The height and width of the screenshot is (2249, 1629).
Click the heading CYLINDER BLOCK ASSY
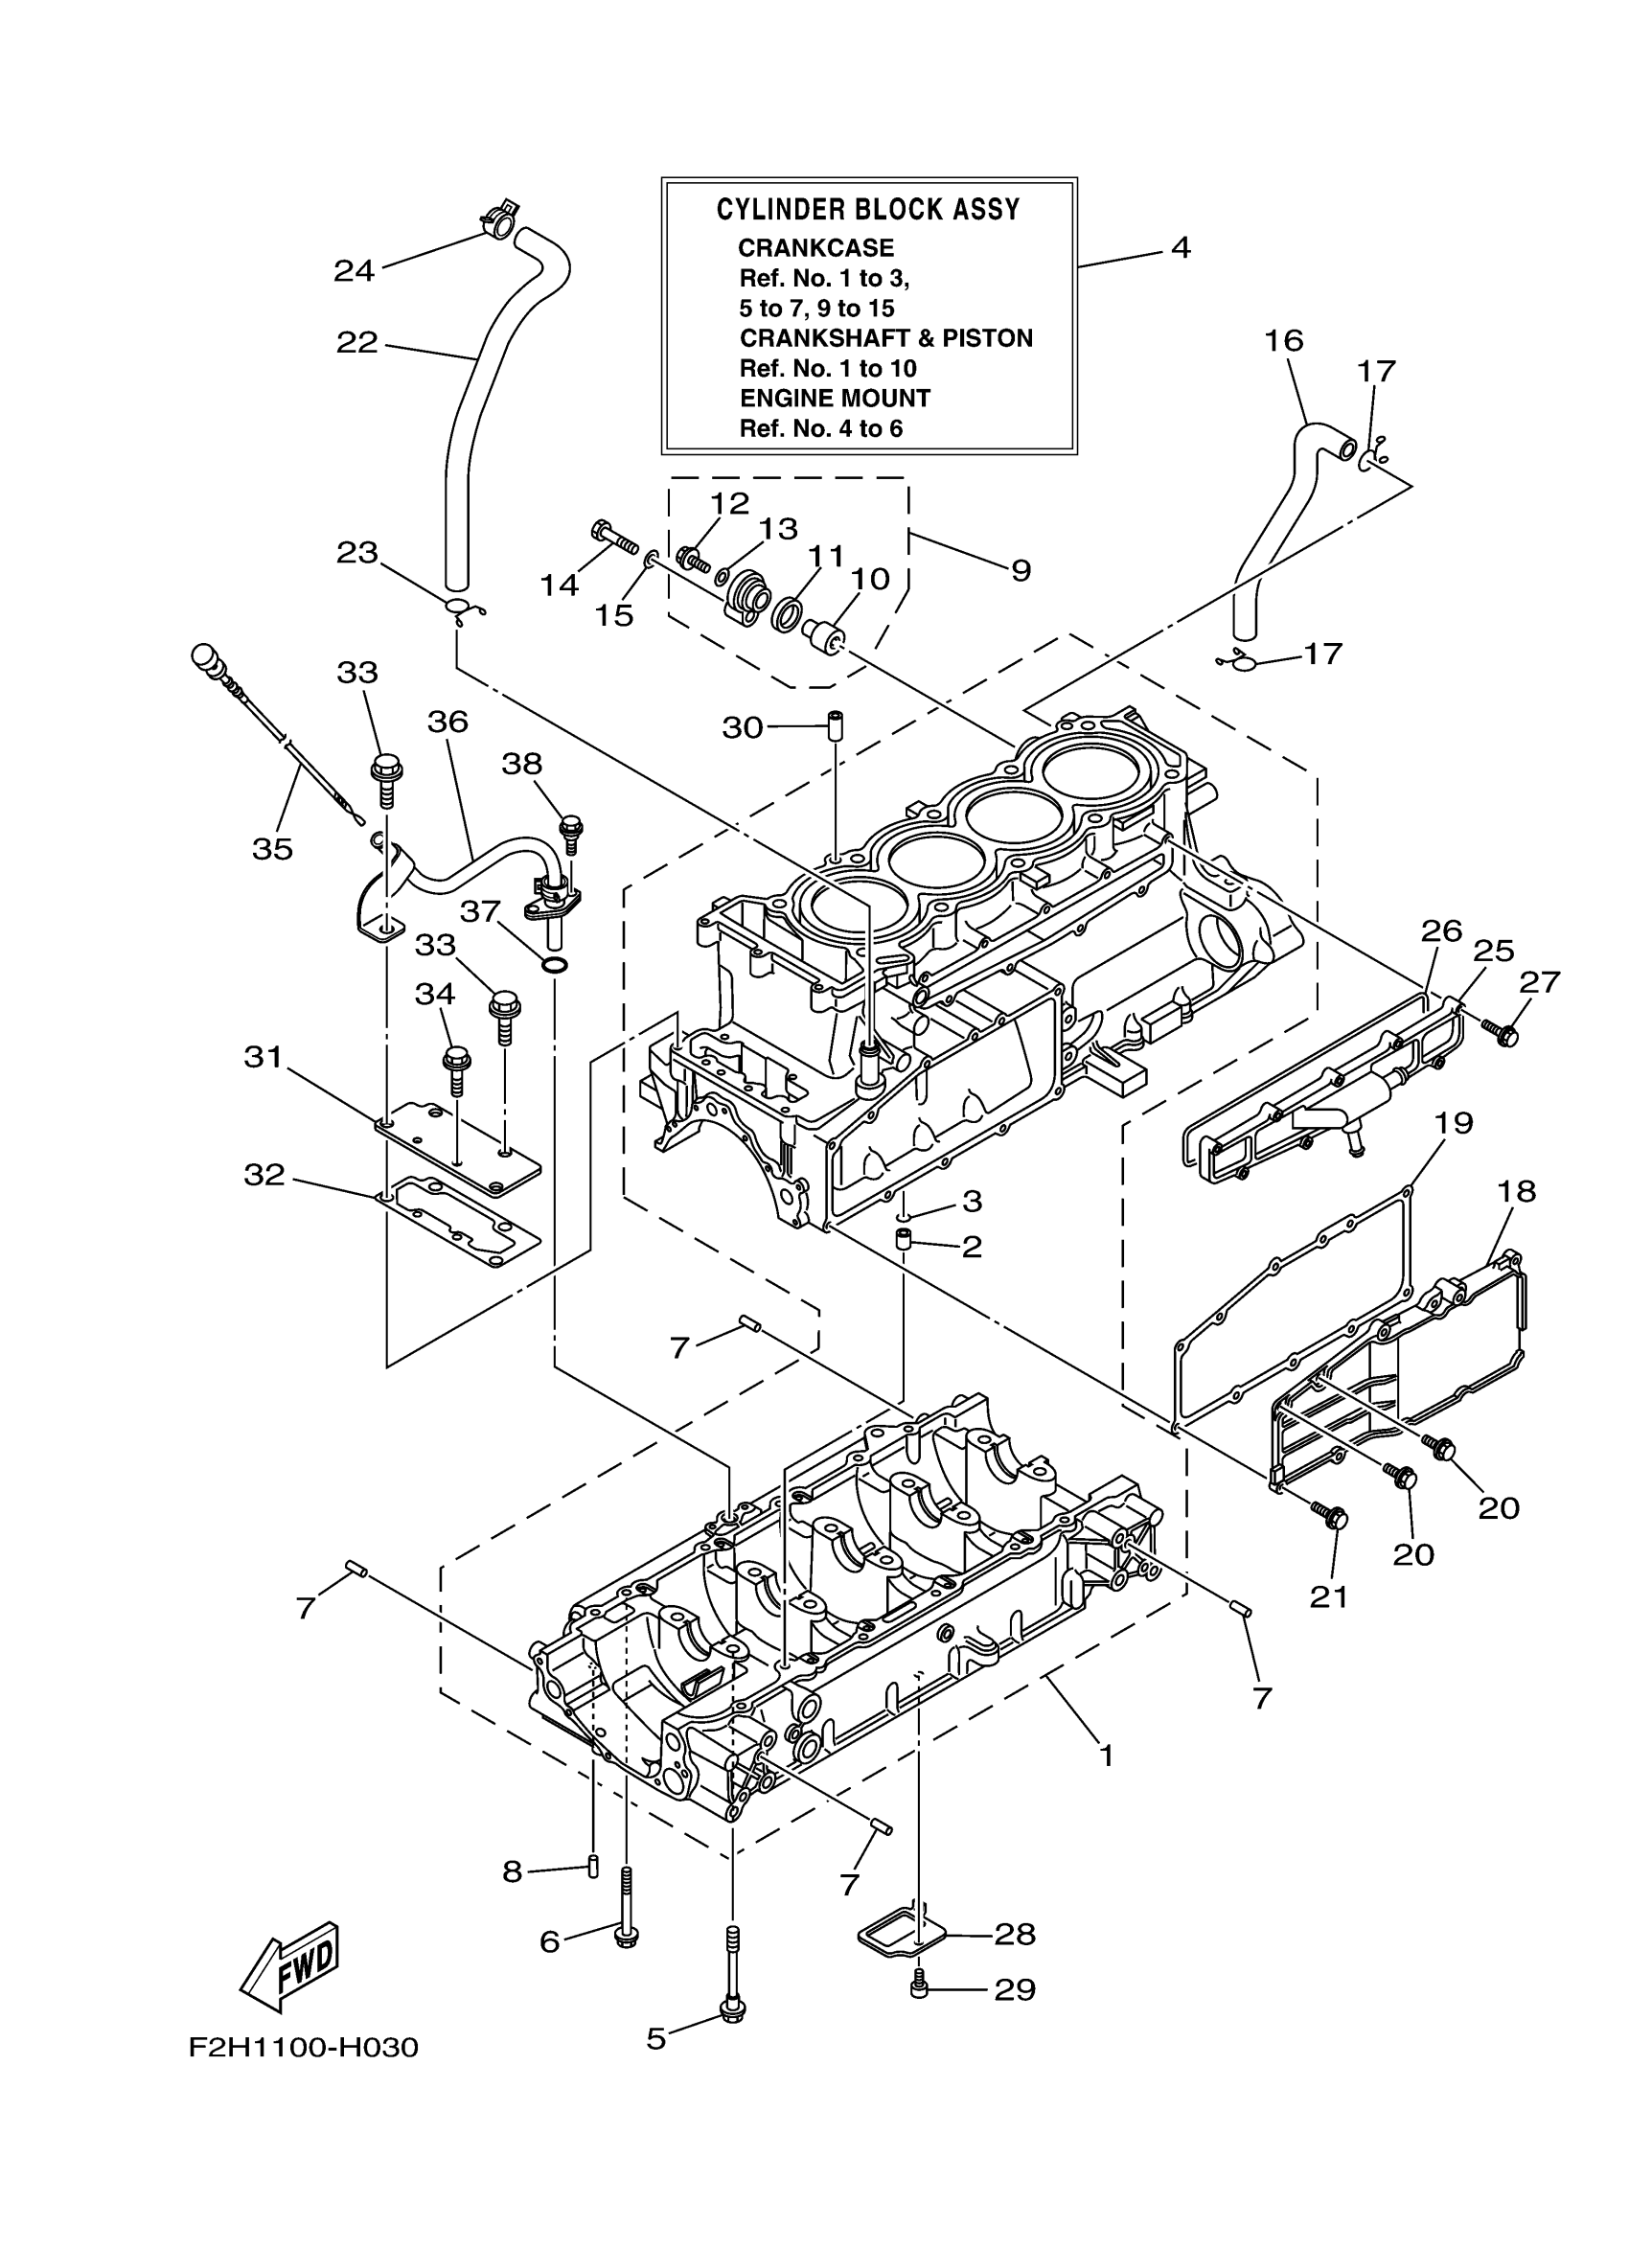point(867,209)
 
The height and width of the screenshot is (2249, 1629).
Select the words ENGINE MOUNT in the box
point(835,399)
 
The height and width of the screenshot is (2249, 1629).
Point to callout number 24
point(354,269)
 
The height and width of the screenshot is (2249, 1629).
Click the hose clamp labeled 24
point(499,222)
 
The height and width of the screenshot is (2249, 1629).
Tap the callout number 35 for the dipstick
point(273,848)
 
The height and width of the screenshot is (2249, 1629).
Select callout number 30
point(742,728)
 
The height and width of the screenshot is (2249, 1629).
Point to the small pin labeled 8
point(593,1866)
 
